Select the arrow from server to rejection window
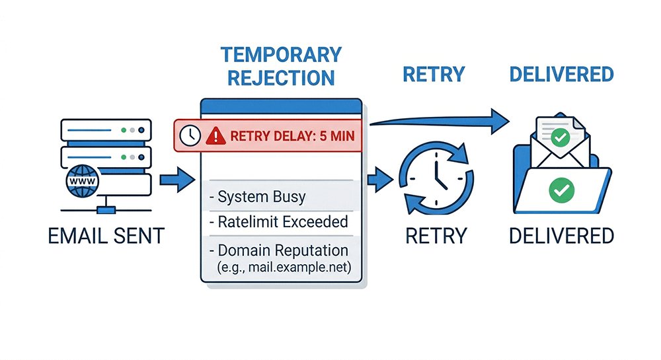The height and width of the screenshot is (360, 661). (x=175, y=179)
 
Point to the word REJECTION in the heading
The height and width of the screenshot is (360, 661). (x=281, y=77)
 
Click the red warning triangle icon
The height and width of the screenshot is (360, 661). (x=215, y=136)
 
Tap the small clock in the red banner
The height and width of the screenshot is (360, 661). (x=190, y=136)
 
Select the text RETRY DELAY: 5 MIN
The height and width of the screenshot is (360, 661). (x=292, y=137)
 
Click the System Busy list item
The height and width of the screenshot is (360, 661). (x=254, y=197)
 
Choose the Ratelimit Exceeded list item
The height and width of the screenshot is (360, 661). (x=278, y=222)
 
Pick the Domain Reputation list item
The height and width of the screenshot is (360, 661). (x=278, y=250)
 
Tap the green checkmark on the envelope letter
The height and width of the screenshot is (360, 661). (x=561, y=137)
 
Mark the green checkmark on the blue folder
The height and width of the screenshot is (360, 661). (x=562, y=192)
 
